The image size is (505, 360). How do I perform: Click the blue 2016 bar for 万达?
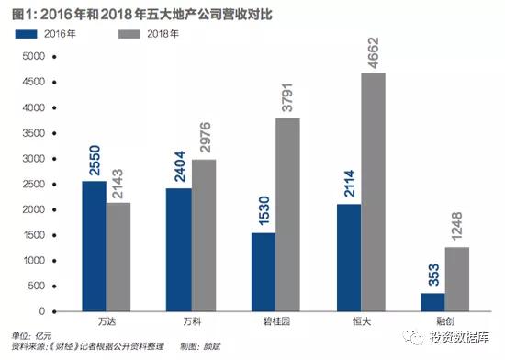coord(93,246)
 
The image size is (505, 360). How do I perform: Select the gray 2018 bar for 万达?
coord(118,257)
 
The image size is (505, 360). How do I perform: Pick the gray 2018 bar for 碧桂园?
coord(286,214)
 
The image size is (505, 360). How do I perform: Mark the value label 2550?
coord(94,156)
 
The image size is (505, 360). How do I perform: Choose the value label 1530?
coord(262,208)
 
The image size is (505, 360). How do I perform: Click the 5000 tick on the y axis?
coord(32,56)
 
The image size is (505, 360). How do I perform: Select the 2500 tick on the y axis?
coord(32,184)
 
